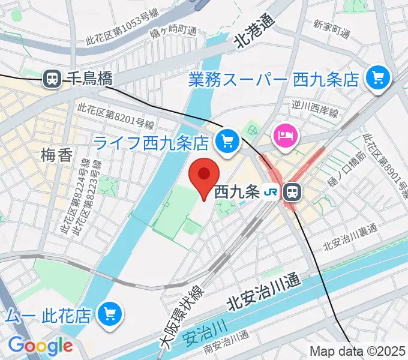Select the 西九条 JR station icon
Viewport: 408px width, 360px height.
(x=292, y=192)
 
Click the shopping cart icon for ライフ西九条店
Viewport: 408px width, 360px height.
(x=227, y=142)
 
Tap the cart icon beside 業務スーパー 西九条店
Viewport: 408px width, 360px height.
(x=378, y=77)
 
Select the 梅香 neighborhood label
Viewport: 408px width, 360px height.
(x=58, y=156)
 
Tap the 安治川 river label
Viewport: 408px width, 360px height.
(x=211, y=329)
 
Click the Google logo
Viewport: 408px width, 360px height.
(x=40, y=346)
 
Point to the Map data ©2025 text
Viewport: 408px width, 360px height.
(x=358, y=352)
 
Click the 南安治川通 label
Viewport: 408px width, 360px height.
(x=226, y=347)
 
